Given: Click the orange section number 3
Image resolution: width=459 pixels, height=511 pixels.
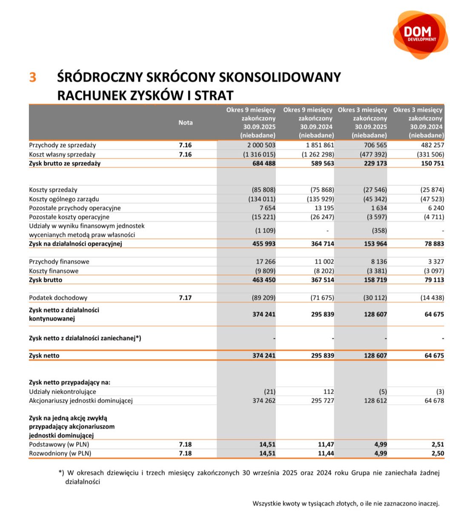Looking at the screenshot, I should [33, 78].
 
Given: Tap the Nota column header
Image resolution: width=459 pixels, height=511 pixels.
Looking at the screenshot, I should [185, 123].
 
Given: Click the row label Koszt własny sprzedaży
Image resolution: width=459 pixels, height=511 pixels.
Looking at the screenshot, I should [62, 155].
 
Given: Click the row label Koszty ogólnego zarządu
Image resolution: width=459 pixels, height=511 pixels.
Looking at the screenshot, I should [64, 199].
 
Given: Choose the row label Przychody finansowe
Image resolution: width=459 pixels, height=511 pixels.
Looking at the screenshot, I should [59, 262].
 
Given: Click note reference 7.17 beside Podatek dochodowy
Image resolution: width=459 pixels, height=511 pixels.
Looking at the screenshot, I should [185, 298].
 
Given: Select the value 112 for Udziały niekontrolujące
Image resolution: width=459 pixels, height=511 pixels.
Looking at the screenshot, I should [328, 392].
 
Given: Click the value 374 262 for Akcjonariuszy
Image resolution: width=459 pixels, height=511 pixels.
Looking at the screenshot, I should [264, 401].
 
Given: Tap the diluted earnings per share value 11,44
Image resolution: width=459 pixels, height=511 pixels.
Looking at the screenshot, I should [326, 454].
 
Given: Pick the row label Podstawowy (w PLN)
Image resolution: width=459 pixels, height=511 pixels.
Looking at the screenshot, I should [59, 445].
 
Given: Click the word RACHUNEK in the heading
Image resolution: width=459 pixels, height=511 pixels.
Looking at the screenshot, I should [87, 95].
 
